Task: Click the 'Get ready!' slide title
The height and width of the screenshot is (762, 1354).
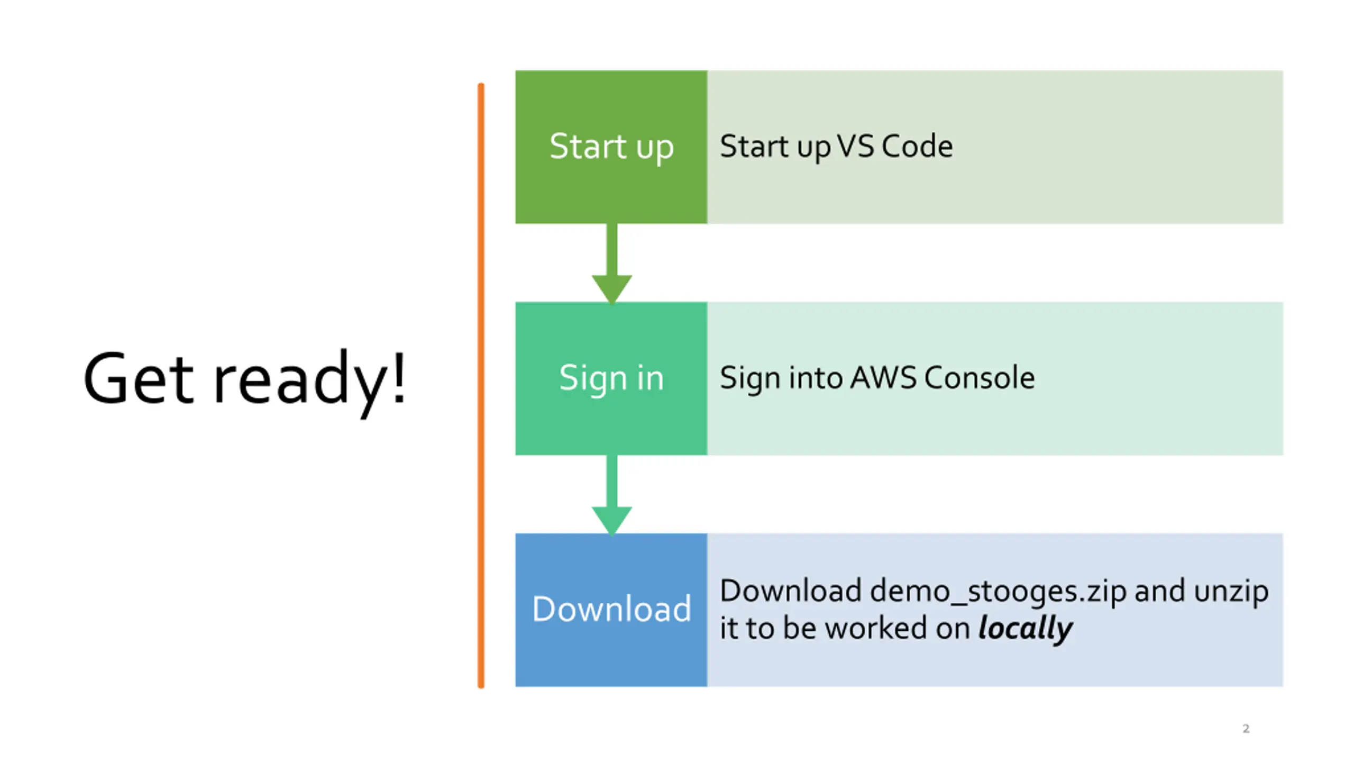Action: point(245,382)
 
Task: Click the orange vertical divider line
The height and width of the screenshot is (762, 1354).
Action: point(481,385)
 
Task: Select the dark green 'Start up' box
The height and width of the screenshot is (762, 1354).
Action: point(611,147)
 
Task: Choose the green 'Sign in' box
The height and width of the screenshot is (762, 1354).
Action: point(611,378)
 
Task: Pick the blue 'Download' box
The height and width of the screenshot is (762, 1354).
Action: point(611,610)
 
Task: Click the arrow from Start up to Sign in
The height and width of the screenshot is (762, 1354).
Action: point(612,264)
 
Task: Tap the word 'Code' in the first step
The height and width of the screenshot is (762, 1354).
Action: point(918,146)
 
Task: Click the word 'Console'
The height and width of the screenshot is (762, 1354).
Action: point(980,378)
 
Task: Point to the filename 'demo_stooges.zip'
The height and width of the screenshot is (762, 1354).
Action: point(998,592)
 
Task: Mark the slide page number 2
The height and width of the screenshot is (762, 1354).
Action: point(1246,729)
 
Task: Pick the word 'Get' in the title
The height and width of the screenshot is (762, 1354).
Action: point(138,379)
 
